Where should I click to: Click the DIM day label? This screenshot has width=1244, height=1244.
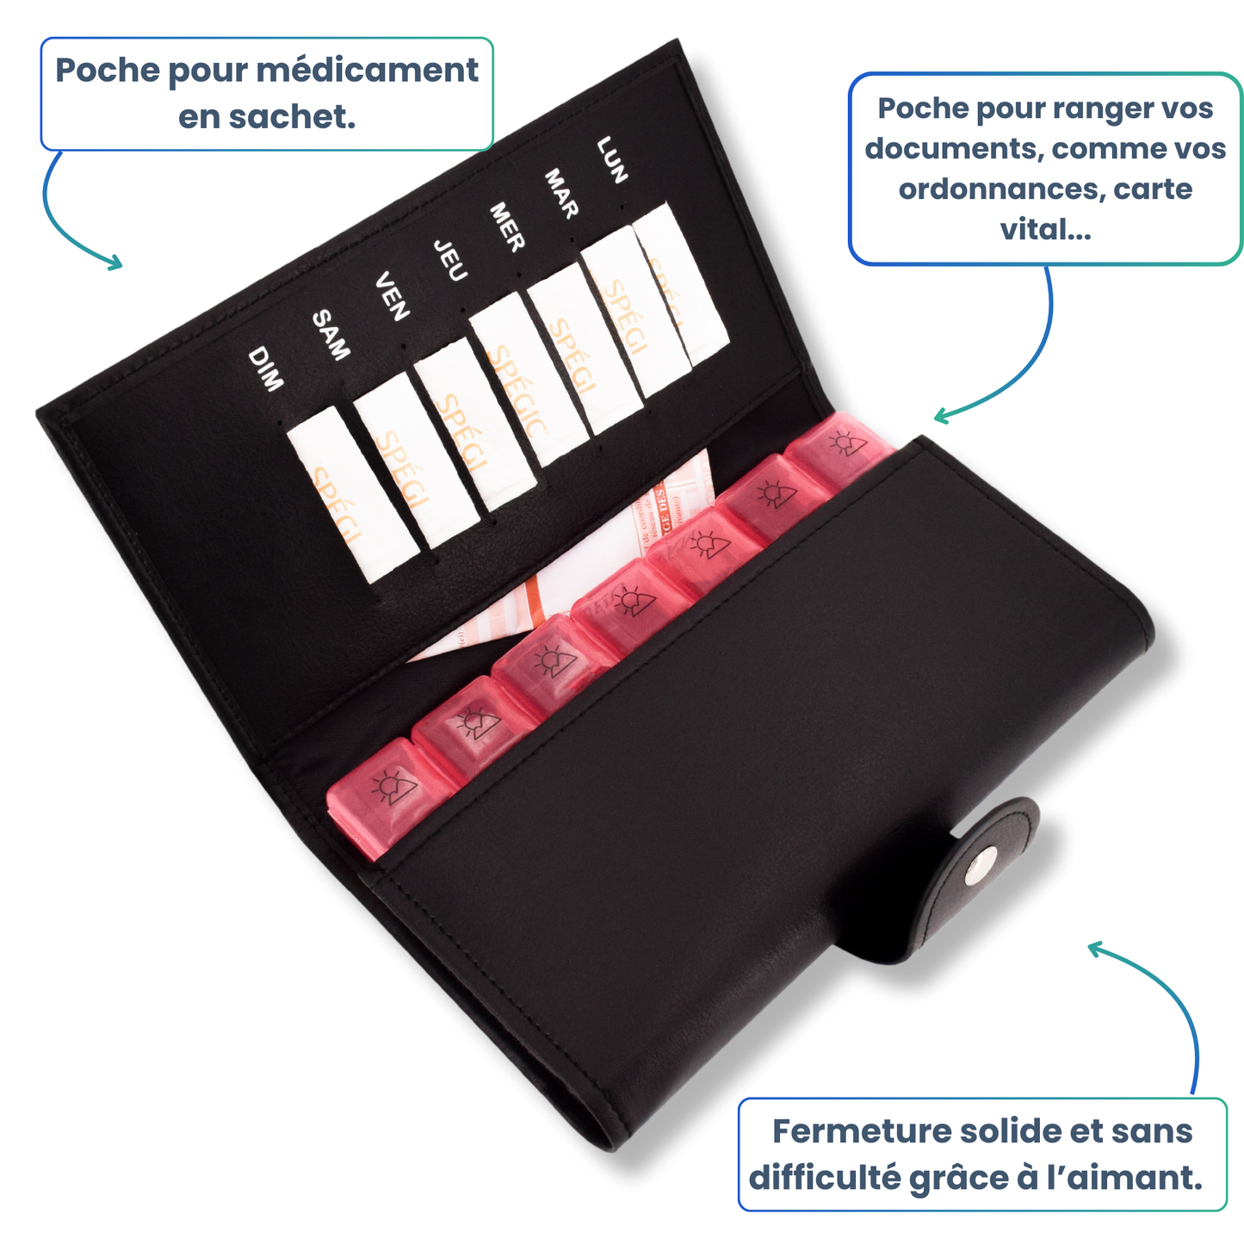point(265,369)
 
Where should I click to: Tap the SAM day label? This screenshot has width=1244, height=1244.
point(331,335)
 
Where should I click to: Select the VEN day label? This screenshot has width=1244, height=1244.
point(392,296)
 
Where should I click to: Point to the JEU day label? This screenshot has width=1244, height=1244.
point(449,261)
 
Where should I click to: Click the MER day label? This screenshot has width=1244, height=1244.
point(507,227)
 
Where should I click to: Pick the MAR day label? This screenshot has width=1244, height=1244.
point(561,194)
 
